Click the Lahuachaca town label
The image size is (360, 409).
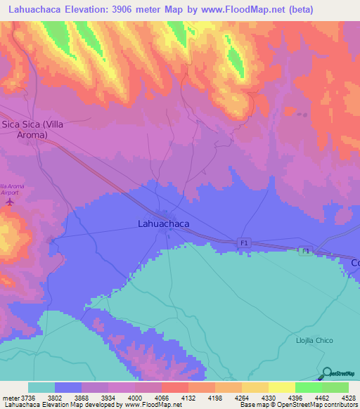point(162,224)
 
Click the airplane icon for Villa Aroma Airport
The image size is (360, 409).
point(9,202)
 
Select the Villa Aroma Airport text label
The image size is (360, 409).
point(12,188)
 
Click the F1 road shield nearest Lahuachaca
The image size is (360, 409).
point(244,242)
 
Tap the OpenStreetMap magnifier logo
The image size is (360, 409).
point(328,372)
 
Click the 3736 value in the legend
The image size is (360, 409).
point(28,397)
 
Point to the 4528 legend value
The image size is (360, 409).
point(348,397)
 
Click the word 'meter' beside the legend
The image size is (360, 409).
point(11,397)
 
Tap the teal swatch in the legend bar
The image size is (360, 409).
point(41,387)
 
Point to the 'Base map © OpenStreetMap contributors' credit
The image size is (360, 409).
point(298,405)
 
